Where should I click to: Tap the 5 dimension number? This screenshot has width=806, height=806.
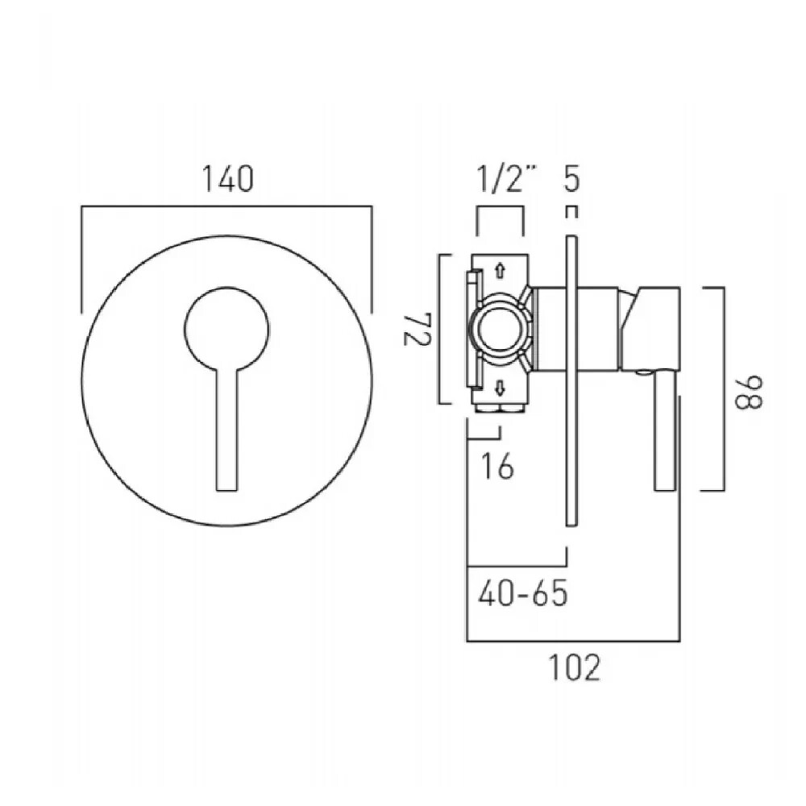pyautogui.click(x=571, y=178)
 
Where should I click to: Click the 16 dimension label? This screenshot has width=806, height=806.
pyautogui.click(x=500, y=467)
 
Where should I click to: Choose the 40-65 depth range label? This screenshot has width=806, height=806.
pyautogui.click(x=522, y=594)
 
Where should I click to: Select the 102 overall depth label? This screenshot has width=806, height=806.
pyautogui.click(x=574, y=668)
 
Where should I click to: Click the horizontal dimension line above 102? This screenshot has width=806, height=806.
pyautogui.click(x=574, y=642)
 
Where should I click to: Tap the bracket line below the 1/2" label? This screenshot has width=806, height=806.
pyautogui.click(x=501, y=208)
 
